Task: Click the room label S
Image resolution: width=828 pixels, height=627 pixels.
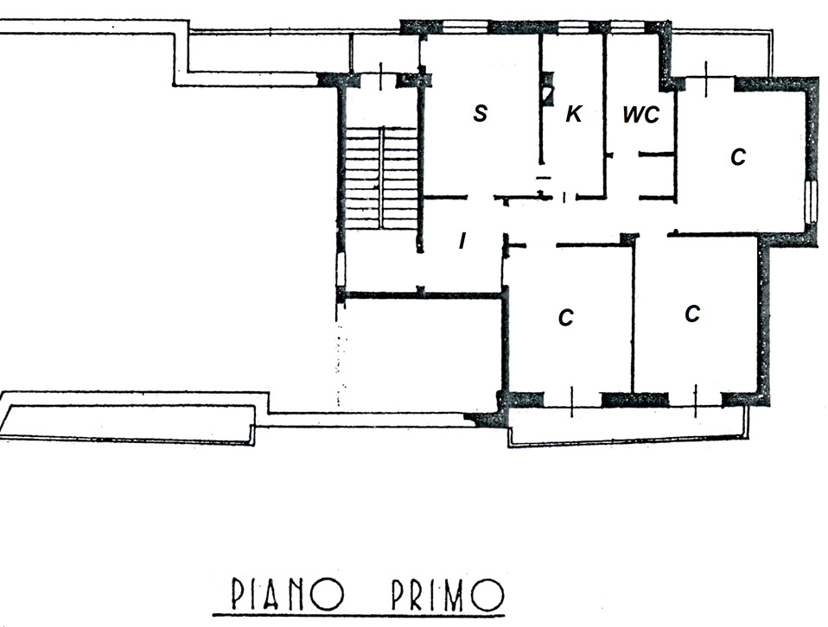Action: [480, 113]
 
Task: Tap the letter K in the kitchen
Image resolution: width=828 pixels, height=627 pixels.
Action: [574, 113]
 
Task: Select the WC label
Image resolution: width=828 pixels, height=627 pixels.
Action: [641, 115]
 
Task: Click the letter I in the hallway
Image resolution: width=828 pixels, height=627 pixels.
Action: [462, 241]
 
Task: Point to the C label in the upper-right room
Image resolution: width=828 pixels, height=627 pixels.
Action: [738, 157]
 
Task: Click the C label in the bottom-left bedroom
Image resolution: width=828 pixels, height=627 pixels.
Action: [565, 318]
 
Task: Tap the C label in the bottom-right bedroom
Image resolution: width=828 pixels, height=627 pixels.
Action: [692, 314]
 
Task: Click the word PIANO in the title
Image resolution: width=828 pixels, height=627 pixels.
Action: [288, 594]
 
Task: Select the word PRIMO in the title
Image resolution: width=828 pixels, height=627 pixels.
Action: [448, 594]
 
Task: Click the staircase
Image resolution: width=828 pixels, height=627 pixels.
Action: [381, 179]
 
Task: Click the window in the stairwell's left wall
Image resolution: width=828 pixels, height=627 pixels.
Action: [341, 269]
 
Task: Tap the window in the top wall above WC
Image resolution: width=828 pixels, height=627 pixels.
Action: [625, 27]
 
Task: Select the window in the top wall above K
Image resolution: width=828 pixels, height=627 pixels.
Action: [574, 27]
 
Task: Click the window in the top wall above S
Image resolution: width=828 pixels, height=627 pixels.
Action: [464, 27]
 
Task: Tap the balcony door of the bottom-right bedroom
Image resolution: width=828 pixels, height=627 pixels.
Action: [695, 401]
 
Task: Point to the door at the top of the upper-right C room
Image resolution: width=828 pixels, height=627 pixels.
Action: [707, 80]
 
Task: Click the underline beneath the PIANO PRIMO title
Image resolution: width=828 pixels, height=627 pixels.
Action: [359, 615]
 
